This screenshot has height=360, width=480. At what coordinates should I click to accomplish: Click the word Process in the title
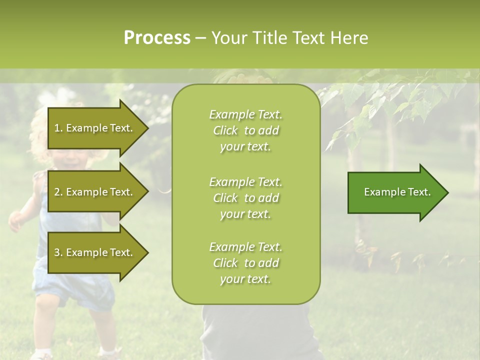tap(157, 38)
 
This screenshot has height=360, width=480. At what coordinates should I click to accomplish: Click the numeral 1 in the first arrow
tap(57, 128)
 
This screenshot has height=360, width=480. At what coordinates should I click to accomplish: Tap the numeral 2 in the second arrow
tap(57, 192)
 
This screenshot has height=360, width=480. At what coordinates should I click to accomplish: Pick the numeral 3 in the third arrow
tap(57, 252)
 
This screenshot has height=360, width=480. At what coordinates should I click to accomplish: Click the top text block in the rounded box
tap(245, 130)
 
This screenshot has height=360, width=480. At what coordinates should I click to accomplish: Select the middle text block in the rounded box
tap(245, 198)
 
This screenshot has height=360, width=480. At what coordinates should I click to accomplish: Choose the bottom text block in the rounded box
tap(245, 263)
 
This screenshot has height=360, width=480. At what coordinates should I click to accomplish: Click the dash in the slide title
tap(200, 38)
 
